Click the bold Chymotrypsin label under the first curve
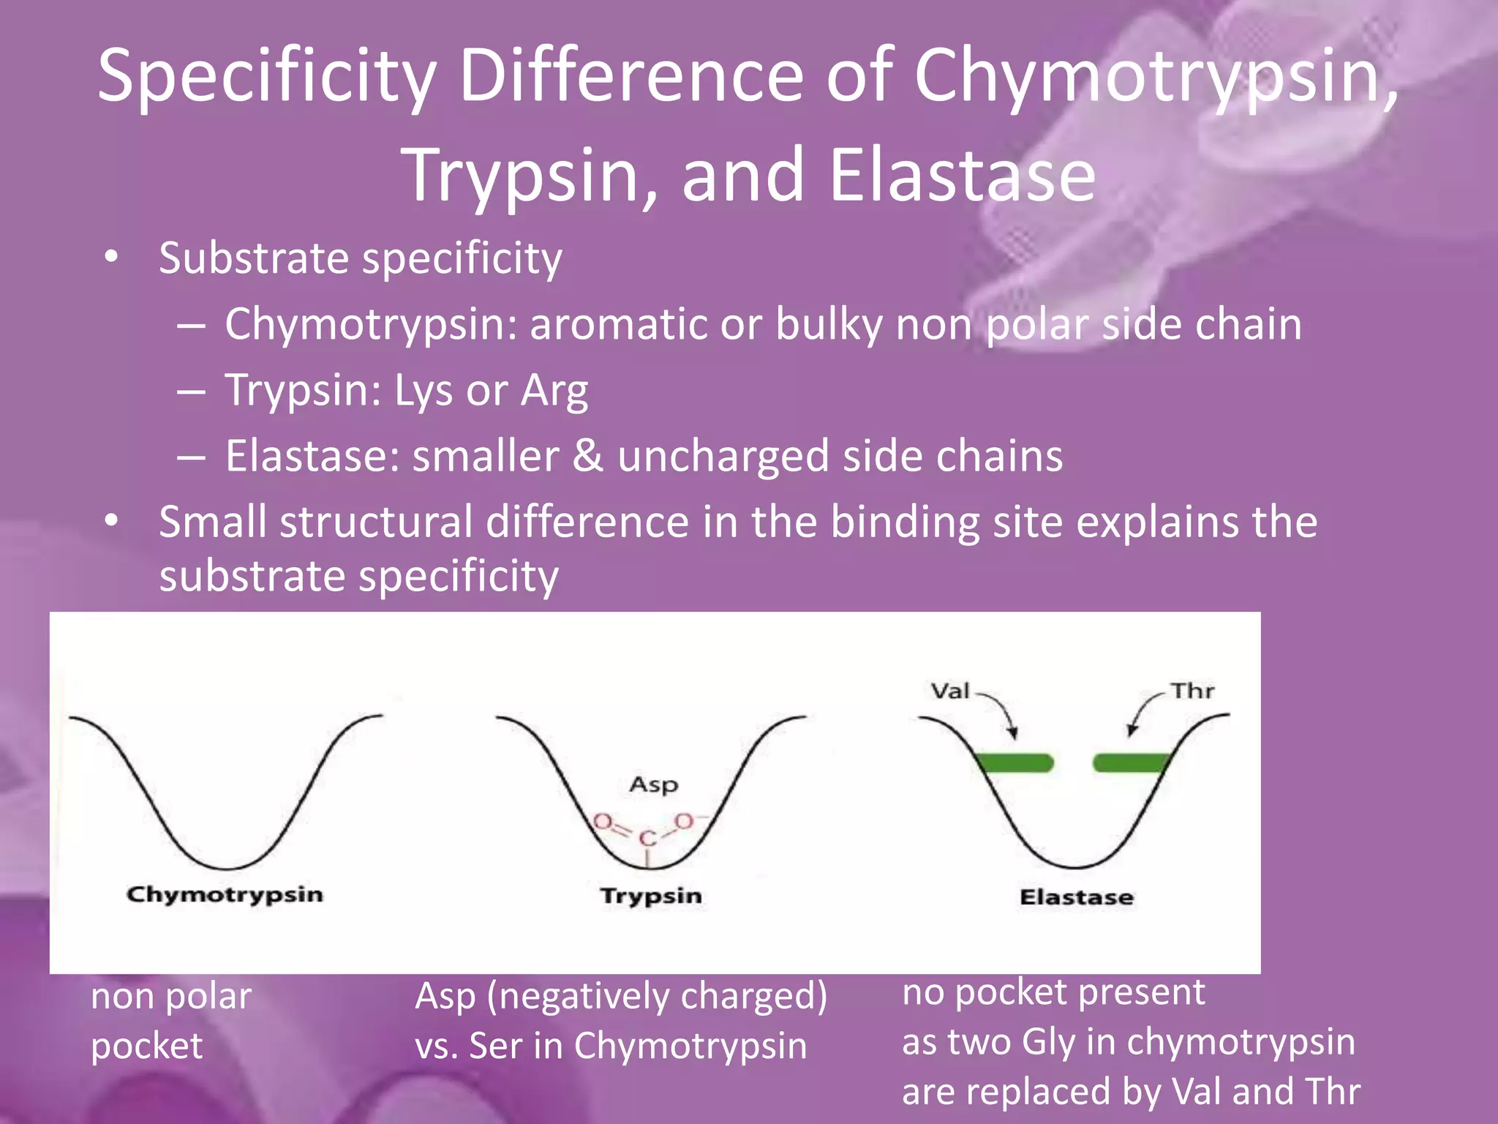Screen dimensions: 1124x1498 [225, 894]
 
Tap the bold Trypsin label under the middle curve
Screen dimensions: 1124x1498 [651, 896]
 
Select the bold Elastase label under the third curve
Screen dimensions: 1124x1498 [1077, 897]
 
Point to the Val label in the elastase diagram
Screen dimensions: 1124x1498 [949, 691]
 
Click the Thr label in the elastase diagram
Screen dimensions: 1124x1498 [1192, 691]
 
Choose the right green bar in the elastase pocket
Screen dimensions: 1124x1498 [1130, 763]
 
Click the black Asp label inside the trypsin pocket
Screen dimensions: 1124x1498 [653, 784]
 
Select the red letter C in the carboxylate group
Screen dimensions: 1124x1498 [647, 839]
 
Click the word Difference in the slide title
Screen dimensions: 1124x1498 [631, 75]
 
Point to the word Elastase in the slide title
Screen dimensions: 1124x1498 [962, 176]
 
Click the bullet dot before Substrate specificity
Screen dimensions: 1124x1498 [110, 257]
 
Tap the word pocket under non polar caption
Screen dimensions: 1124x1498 [146, 1045]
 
